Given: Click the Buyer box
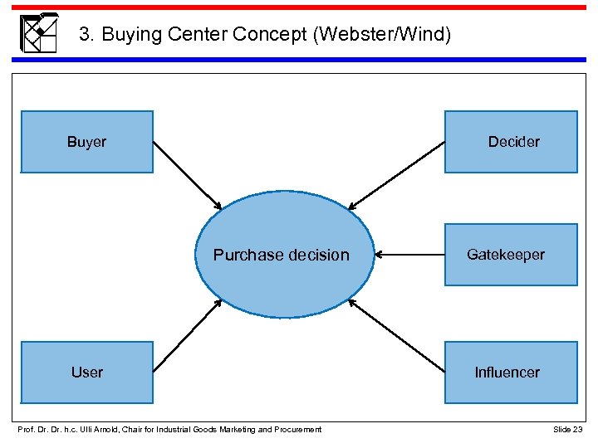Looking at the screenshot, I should click(87, 142).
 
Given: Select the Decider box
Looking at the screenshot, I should click(511, 142).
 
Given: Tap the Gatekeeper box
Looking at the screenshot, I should click(511, 255).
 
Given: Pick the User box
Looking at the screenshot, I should click(87, 372).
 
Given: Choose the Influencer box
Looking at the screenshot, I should click(511, 372).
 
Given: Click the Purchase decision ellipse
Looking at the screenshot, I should click(282, 255).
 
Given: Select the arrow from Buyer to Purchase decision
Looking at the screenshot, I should click(188, 176).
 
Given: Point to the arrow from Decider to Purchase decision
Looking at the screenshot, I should click(396, 176).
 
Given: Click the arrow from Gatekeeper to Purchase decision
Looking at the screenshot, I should click(409, 255).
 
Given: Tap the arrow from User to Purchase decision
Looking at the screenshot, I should click(188, 335).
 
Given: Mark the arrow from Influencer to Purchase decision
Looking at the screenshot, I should click(396, 334).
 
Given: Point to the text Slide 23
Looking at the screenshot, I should click(568, 429).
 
